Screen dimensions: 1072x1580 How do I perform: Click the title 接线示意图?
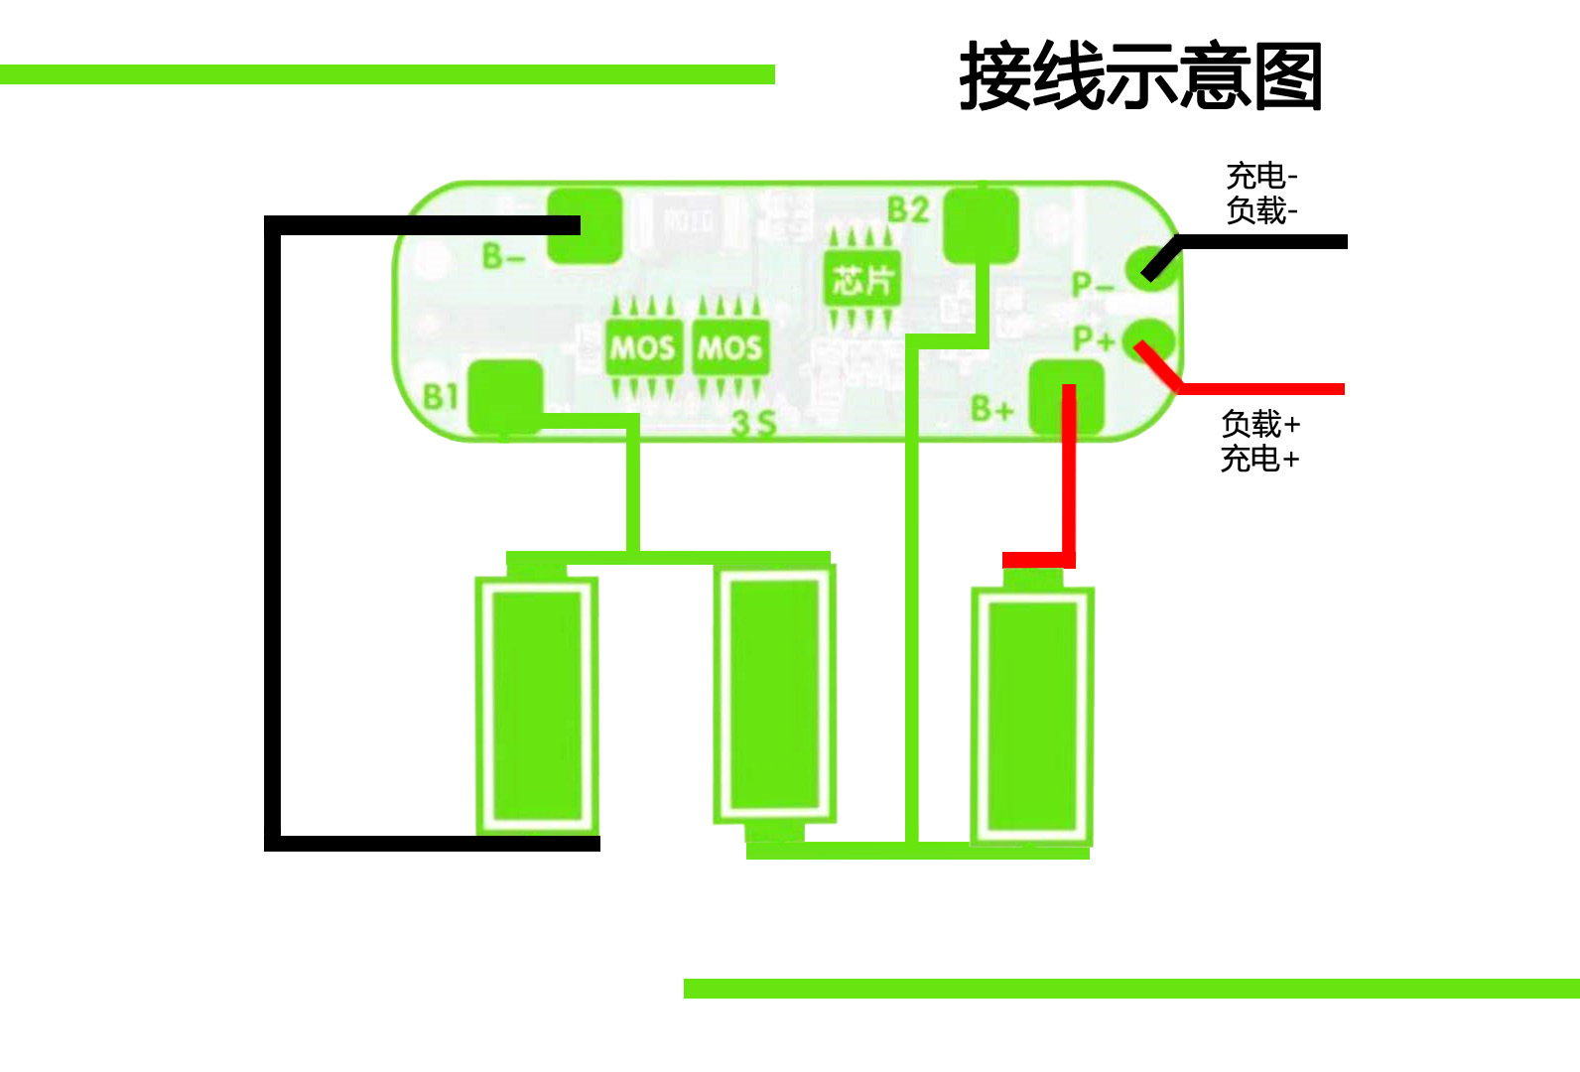coord(1140,76)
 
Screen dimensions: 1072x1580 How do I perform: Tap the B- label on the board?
coord(503,257)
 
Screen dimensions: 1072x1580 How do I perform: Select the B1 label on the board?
coord(441,397)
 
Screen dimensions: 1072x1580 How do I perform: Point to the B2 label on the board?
coord(907,210)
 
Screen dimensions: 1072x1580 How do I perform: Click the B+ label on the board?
coord(991,408)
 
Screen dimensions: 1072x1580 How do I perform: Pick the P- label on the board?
coord(1093,286)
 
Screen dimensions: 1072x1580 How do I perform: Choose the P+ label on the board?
coord(1094,339)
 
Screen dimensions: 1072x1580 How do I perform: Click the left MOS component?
coord(643,347)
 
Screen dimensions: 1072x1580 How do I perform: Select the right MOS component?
coord(729,347)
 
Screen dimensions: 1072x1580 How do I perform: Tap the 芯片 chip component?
coord(861,280)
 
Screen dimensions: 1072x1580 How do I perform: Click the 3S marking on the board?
coord(752,424)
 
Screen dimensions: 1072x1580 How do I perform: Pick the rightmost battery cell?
coord(1032,715)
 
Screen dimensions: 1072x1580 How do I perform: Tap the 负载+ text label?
coord(1259,424)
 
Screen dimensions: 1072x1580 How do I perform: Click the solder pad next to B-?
coord(586,226)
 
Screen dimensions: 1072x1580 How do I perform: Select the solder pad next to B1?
coord(505,397)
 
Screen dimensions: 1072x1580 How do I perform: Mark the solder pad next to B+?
coord(1066,397)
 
